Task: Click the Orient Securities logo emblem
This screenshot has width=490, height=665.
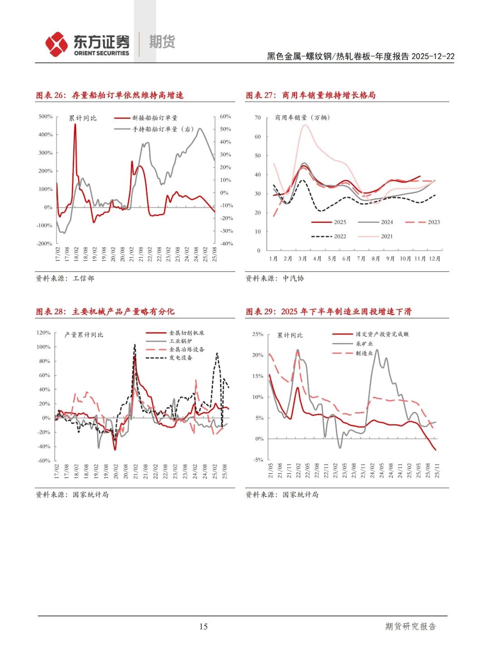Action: pyautogui.click(x=56, y=44)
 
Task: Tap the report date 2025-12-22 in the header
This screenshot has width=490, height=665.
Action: pyautogui.click(x=433, y=56)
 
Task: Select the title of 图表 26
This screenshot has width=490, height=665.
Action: pyautogui.click(x=110, y=95)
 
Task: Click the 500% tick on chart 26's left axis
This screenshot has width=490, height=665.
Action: pyautogui.click(x=45, y=117)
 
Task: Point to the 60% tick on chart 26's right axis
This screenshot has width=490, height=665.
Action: pyautogui.click(x=225, y=117)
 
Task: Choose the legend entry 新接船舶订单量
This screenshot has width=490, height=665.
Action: pyautogui.click(x=155, y=118)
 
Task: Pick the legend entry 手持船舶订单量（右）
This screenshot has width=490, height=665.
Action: pyautogui.click(x=163, y=129)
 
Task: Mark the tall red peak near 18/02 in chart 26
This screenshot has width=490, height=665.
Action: pyautogui.click(x=75, y=125)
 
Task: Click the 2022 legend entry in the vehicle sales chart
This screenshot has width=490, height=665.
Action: pyautogui.click(x=339, y=236)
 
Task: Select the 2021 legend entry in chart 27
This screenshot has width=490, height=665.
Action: pyautogui.click(x=387, y=236)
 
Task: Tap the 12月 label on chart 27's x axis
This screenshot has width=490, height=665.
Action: pyautogui.click(x=434, y=259)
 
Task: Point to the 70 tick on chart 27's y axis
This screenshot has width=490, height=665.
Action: pyautogui.click(x=258, y=118)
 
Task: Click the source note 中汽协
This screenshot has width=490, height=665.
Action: pyautogui.click(x=293, y=279)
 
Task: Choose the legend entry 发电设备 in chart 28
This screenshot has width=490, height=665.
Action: pyautogui.click(x=181, y=358)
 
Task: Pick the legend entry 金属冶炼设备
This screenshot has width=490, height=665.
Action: pyautogui.click(x=186, y=350)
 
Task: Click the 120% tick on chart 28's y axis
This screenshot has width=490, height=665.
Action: pyautogui.click(x=44, y=333)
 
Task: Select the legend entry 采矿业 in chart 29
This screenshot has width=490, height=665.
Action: pyautogui.click(x=364, y=344)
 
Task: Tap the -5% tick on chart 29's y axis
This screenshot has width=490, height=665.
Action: pyautogui.click(x=258, y=460)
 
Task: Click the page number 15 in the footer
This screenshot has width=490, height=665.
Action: pyautogui.click(x=203, y=626)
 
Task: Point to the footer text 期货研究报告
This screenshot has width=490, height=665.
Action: pyautogui.click(x=410, y=626)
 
